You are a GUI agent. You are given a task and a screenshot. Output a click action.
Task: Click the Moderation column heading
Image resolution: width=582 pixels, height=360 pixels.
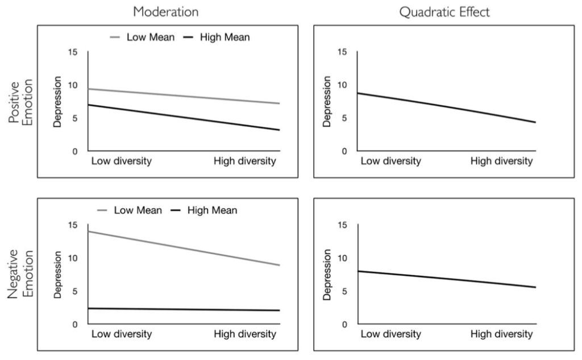165,11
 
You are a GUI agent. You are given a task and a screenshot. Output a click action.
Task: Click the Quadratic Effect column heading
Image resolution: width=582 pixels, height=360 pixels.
444,11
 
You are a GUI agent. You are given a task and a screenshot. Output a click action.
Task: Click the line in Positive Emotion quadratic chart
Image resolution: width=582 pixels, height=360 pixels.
446,107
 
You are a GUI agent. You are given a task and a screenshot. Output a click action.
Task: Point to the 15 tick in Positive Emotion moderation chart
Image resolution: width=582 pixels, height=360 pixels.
73,52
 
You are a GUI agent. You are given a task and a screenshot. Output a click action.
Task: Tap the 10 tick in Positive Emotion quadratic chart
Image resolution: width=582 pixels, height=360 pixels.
342,85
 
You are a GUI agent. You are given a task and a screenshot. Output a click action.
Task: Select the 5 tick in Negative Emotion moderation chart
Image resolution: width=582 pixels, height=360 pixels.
75,291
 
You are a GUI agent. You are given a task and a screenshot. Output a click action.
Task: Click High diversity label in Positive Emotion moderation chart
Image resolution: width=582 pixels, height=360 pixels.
244,162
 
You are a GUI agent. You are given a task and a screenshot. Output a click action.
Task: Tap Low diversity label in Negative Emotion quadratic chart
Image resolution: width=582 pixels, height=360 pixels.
391,334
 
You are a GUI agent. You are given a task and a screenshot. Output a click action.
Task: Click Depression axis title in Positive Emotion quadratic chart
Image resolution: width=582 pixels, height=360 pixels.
327,101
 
